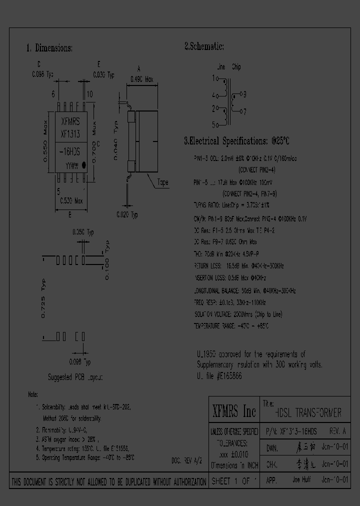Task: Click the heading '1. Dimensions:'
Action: coord(49,48)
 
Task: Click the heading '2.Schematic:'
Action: coord(203,46)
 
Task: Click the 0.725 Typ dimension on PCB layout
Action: coord(43,298)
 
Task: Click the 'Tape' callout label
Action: coord(163,182)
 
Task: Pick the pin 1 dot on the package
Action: coord(83,163)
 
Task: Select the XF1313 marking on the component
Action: coord(70,133)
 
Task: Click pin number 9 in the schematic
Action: coord(243,93)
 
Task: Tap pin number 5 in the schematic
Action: coord(213,124)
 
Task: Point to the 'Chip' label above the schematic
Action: coord(236,67)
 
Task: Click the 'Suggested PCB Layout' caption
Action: coord(75,377)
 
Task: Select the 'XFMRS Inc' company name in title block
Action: coord(233,411)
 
